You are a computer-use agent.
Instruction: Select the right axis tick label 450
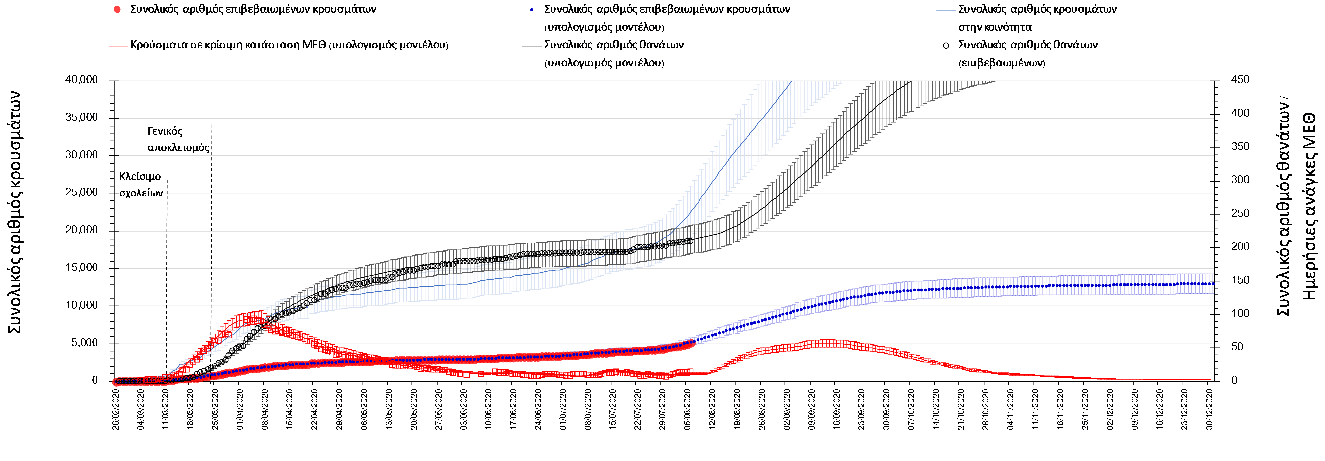(1240, 80)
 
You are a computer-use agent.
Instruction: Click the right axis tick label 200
(1240, 246)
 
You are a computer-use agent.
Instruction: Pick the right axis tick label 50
(1237, 347)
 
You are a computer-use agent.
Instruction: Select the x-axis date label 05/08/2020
(687, 410)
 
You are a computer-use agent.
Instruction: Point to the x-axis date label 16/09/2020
(836, 410)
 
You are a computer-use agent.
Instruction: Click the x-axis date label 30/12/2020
(1209, 410)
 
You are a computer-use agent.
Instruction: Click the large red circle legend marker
(117, 9)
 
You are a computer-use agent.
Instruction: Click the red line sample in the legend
(118, 45)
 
